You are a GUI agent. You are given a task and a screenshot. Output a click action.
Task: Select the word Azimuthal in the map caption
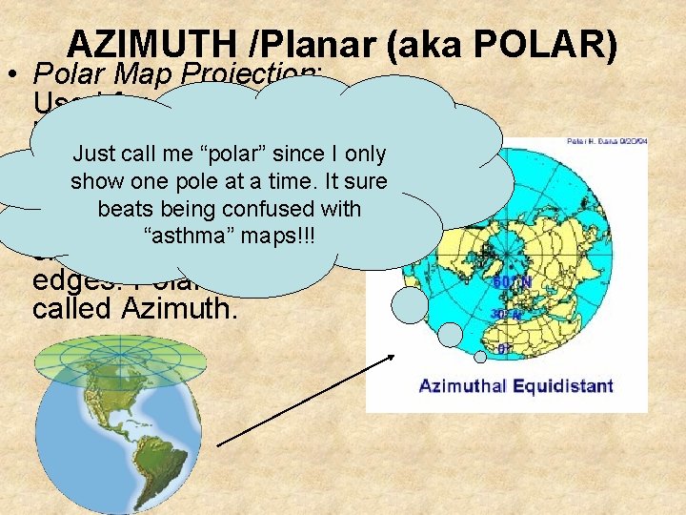[x=464, y=386]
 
